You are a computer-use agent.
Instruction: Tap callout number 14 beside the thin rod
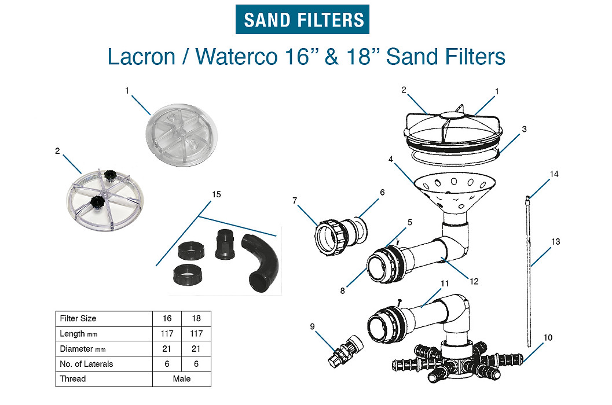pos(554,174)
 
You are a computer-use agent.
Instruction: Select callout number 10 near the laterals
pos(548,337)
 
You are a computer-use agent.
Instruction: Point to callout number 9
pos(312,326)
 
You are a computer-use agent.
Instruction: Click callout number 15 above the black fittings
pos(217,194)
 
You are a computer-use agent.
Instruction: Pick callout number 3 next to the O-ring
pos(524,129)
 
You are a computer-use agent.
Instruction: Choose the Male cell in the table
pos(182,379)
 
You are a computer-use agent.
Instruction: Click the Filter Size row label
pos(78,319)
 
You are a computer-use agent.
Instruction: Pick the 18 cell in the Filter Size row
pos(196,319)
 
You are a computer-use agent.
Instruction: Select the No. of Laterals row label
pos(86,364)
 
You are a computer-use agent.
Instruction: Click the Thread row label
pos(73,379)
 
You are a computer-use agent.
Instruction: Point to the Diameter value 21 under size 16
pos(167,349)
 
